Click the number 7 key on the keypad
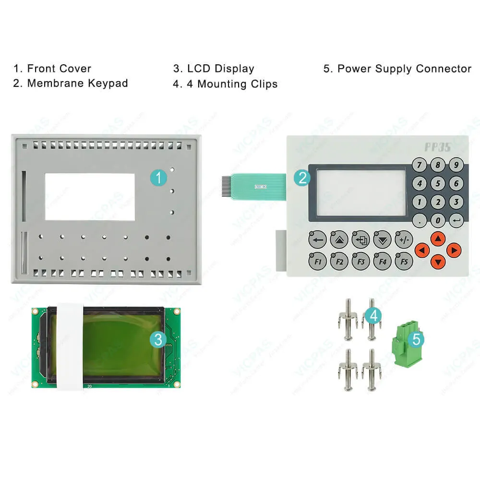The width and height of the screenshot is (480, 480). [420, 165]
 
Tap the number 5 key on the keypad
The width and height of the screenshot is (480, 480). [438, 183]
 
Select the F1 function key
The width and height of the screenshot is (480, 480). [317, 261]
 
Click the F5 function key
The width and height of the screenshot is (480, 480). [404, 261]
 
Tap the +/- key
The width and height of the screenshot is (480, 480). [404, 239]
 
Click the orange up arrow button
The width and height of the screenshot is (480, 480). [437, 239]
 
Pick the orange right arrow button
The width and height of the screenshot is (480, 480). [453, 250]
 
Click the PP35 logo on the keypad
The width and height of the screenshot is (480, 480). [437, 147]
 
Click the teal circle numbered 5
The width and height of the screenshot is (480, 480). [416, 339]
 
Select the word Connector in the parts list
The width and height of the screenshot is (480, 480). [444, 69]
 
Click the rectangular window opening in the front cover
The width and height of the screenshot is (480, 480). [89, 196]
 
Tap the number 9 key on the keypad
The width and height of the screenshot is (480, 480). [456, 165]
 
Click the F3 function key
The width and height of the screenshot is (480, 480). [360, 261]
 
